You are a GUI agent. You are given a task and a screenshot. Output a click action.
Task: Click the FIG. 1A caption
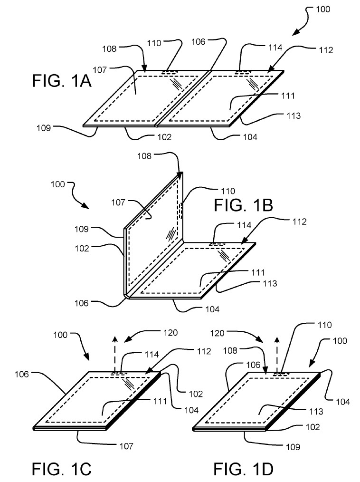coord(61,81)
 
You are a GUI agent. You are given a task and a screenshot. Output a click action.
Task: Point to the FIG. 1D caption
coord(244,469)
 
